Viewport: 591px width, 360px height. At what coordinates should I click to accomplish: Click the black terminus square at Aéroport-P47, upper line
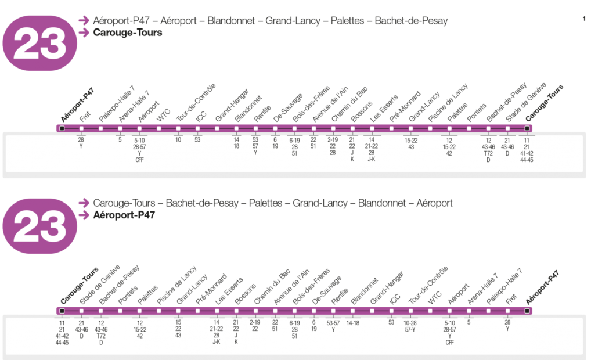[x=62, y=128]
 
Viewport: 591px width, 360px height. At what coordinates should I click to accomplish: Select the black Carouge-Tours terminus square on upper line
[x=527, y=128]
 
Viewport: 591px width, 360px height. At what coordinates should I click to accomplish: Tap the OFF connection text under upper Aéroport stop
[x=139, y=160]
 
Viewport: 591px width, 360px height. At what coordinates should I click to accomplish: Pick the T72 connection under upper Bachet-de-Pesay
[x=488, y=153]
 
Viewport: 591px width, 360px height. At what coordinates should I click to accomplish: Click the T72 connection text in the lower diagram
[x=100, y=336]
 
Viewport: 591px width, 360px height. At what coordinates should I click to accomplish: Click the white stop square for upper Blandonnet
[x=236, y=128]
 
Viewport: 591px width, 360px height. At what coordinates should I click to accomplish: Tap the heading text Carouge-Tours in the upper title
[x=128, y=33]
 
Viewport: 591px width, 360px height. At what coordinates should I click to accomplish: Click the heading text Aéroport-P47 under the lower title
[x=124, y=215]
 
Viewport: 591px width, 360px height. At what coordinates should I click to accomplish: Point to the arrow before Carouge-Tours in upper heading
[x=85, y=33]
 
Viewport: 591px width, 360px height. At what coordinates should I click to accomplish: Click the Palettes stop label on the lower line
[x=147, y=292]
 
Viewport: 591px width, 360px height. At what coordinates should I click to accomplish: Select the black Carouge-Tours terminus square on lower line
[x=62, y=311]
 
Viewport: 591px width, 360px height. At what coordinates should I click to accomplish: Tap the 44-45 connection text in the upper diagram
[x=527, y=160]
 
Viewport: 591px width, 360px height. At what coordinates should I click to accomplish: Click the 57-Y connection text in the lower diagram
[x=410, y=329]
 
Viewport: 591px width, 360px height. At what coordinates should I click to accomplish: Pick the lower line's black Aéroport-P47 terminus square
[x=527, y=311]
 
